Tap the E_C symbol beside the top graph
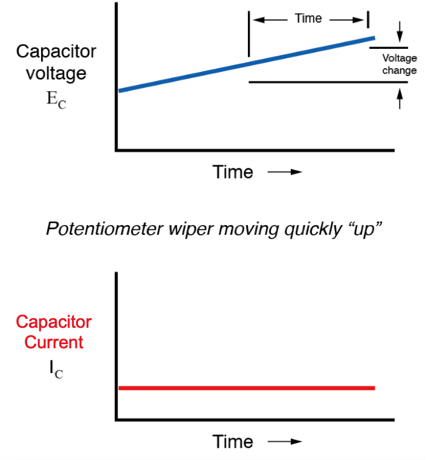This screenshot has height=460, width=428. (x=56, y=100)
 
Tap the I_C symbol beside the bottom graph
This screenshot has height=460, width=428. (x=56, y=369)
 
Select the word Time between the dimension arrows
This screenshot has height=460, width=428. (x=308, y=19)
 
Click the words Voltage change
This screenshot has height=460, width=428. (x=400, y=65)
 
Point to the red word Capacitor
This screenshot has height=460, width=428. (x=54, y=321)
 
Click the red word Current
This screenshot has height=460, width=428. (x=54, y=342)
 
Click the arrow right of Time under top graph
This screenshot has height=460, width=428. (x=284, y=172)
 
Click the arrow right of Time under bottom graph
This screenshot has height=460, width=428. (x=284, y=441)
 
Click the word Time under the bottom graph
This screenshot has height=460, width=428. (x=233, y=441)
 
